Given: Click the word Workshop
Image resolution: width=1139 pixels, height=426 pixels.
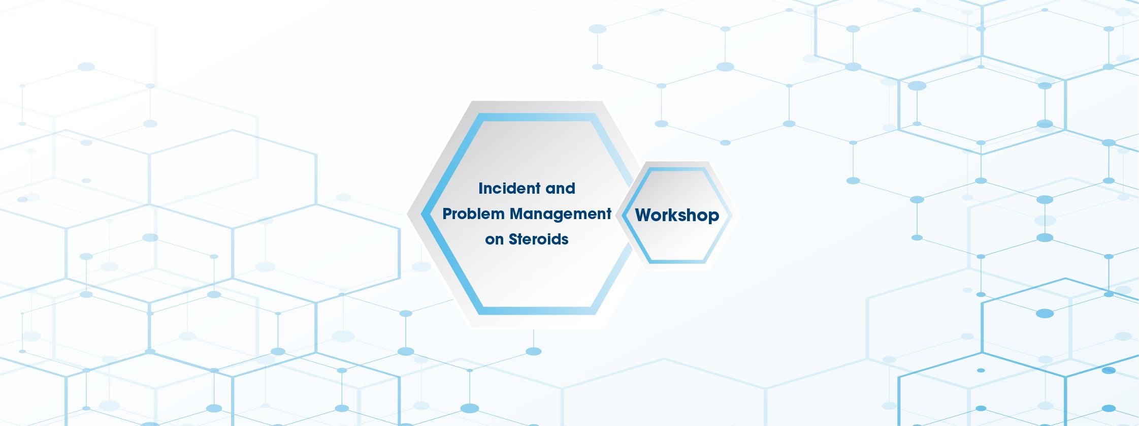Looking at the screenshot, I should click(x=677, y=215).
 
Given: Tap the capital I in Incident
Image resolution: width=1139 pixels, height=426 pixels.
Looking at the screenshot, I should click(x=480, y=189).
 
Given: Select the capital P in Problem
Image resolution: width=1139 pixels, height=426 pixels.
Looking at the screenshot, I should click(x=446, y=214).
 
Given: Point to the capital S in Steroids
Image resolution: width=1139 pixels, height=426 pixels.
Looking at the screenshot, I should click(x=513, y=239).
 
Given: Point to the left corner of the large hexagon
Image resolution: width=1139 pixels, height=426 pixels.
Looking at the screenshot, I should click(x=424, y=214).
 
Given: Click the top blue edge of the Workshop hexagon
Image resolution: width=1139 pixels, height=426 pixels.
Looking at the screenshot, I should click(x=677, y=169).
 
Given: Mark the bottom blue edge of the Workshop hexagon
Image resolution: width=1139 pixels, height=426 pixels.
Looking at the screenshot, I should click(x=677, y=261).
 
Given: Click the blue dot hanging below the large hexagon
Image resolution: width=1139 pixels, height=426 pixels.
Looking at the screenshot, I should click(x=533, y=351).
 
